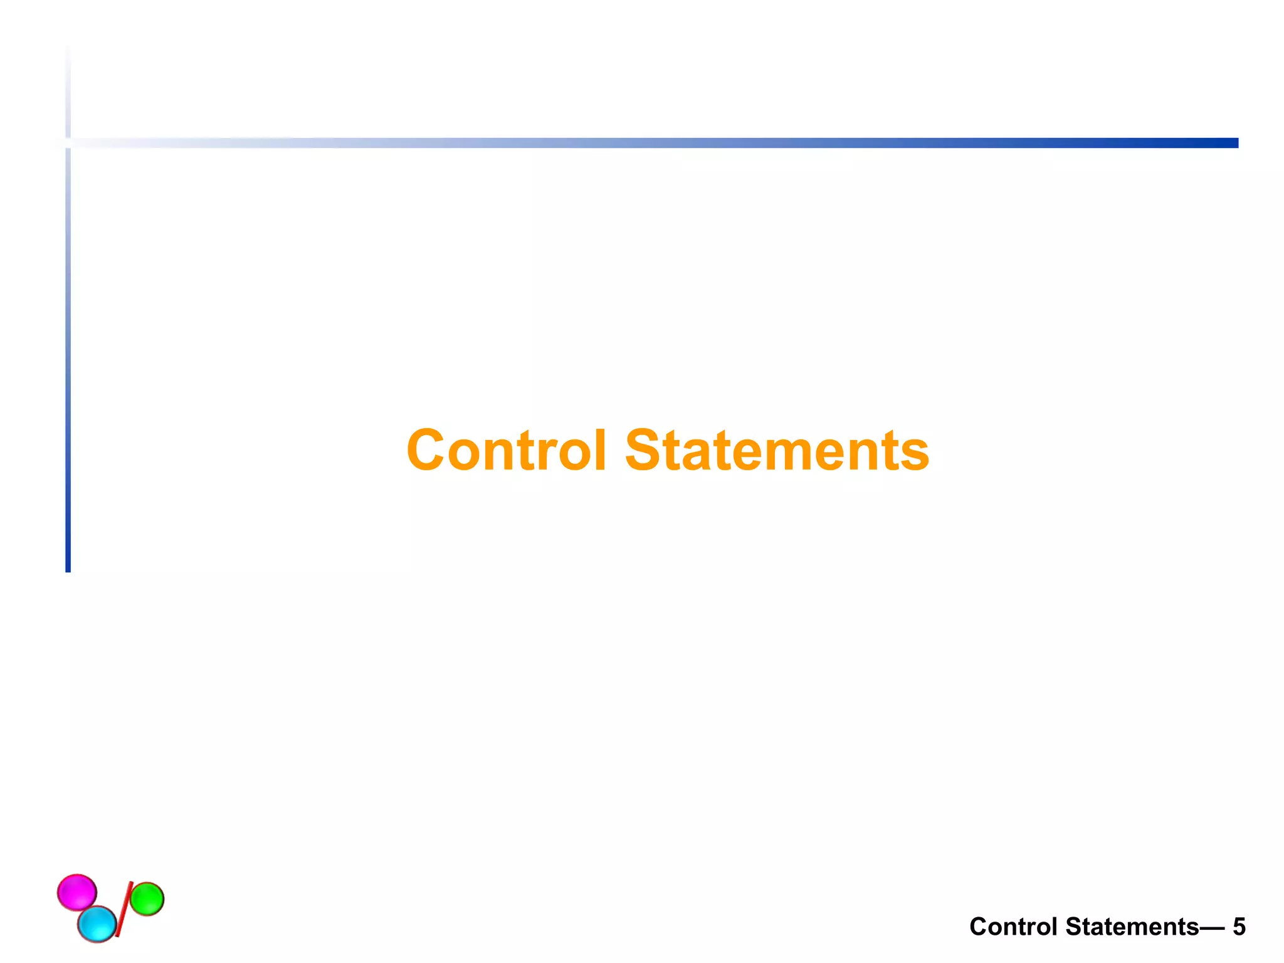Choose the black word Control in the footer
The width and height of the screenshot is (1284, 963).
tap(1013, 927)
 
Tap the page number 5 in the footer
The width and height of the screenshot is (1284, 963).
tap(1239, 927)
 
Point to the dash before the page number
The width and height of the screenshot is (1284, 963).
tap(1212, 927)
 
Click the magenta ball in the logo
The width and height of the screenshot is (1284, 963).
tap(77, 892)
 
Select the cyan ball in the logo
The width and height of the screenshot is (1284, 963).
tap(97, 924)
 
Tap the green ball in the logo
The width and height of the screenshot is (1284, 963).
tap(147, 899)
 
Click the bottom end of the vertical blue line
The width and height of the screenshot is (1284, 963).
tap(68, 567)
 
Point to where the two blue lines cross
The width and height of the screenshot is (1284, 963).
tap(68, 143)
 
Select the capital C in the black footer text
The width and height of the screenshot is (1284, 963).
tap(978, 927)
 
